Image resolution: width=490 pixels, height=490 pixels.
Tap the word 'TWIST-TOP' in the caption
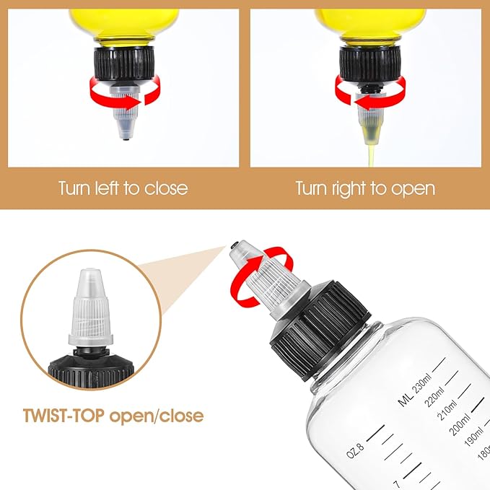coord(64,416)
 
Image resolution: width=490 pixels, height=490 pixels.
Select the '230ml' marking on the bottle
coord(422,383)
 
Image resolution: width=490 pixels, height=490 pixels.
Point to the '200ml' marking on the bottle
coord(460,424)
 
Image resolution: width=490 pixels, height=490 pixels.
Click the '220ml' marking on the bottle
coord(434,397)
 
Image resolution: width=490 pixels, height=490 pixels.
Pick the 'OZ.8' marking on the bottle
coord(355,451)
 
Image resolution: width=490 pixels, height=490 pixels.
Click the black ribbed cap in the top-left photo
coord(124,66)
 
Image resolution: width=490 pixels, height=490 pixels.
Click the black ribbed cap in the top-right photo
coord(370,66)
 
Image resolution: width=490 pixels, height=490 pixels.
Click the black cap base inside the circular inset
coord(91,371)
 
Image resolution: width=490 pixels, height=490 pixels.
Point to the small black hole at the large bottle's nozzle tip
coord(233,246)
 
